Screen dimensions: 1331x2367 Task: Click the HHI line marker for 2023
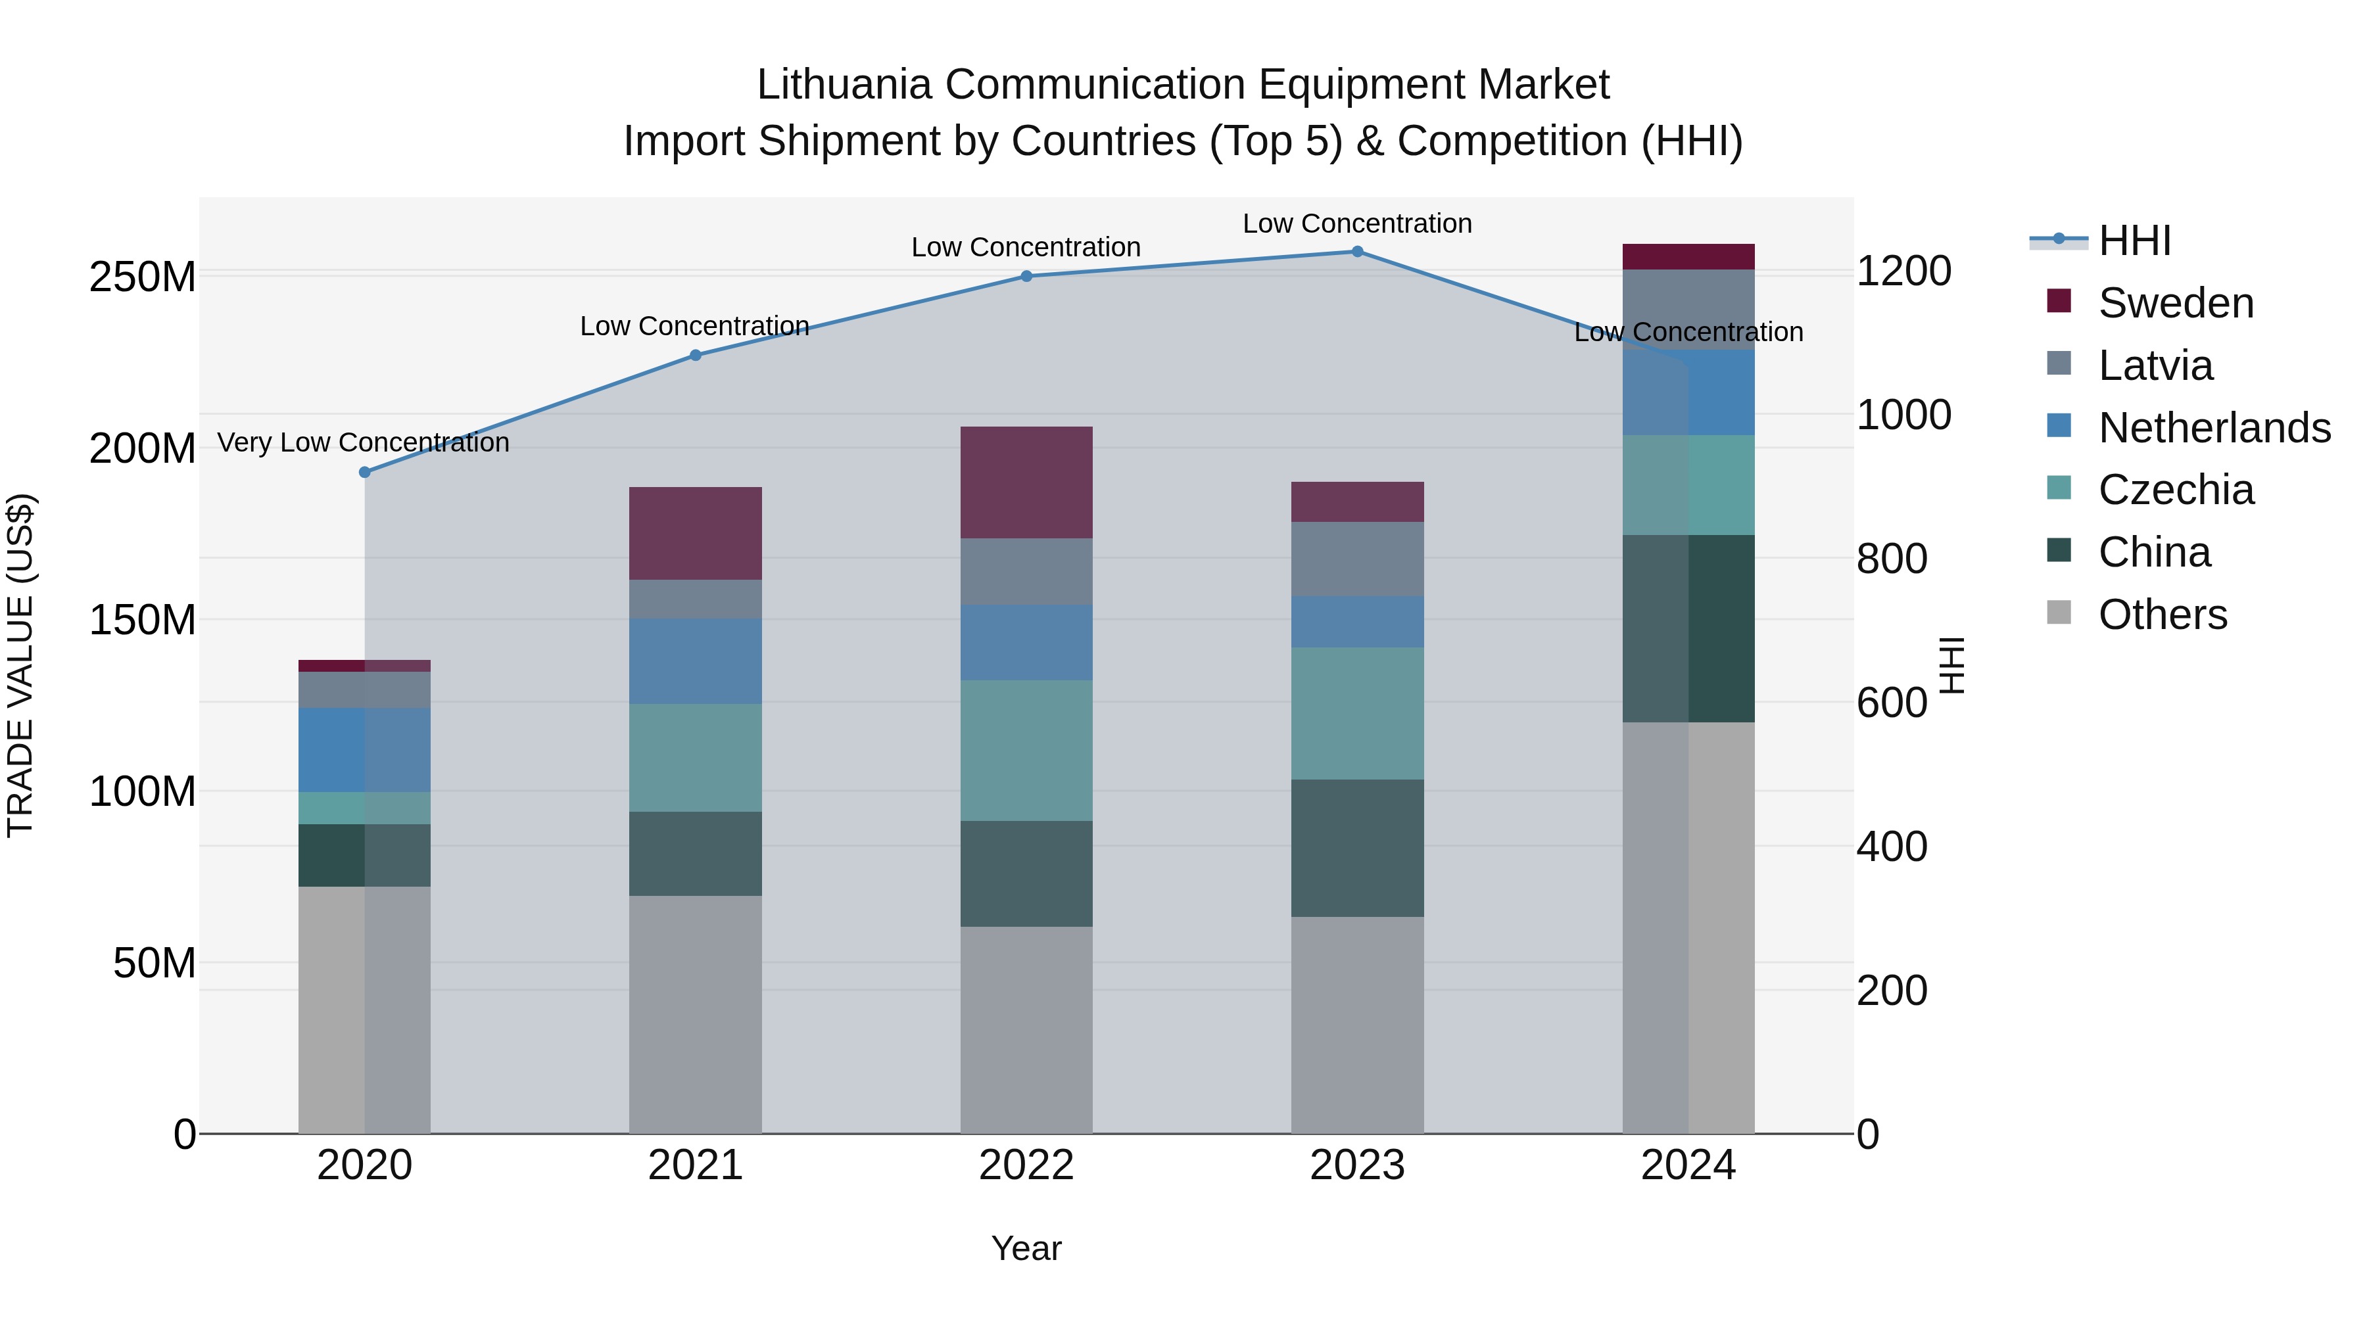pyautogui.click(x=1357, y=252)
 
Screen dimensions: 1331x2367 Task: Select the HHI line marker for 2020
pyautogui.click(x=365, y=472)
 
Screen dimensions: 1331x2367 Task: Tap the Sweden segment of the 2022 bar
pyautogui.click(x=1026, y=482)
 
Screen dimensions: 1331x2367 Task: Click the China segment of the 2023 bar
pyautogui.click(x=1357, y=848)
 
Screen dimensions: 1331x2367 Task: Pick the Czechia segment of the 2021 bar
pyautogui.click(x=696, y=758)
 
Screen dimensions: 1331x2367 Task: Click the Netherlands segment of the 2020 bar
pyautogui.click(x=365, y=749)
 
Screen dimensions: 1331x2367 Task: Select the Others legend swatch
pyautogui.click(x=2059, y=613)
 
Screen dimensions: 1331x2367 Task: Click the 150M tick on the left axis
pyautogui.click(x=143, y=620)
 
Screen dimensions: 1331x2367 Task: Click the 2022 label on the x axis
pyautogui.click(x=1026, y=1165)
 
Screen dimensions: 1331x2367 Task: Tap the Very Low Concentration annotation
pyautogui.click(x=363, y=443)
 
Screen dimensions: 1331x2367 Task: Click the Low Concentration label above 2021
pyautogui.click(x=695, y=326)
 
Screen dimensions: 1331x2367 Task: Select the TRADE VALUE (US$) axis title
pyautogui.click(x=20, y=666)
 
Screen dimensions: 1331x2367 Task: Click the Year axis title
pyautogui.click(x=1026, y=1248)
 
